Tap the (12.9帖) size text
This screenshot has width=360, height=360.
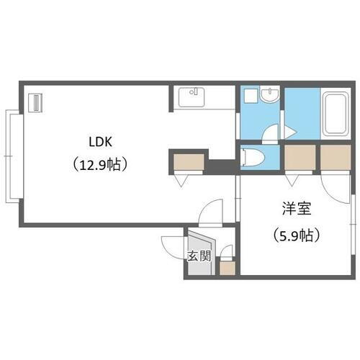(x=100, y=165)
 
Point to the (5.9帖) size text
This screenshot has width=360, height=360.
(x=295, y=234)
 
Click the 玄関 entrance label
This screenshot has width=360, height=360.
(x=199, y=256)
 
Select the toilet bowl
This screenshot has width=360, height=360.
(x=253, y=157)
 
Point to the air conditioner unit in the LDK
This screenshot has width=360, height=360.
(x=35, y=102)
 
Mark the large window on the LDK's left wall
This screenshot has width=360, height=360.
(x=12, y=155)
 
